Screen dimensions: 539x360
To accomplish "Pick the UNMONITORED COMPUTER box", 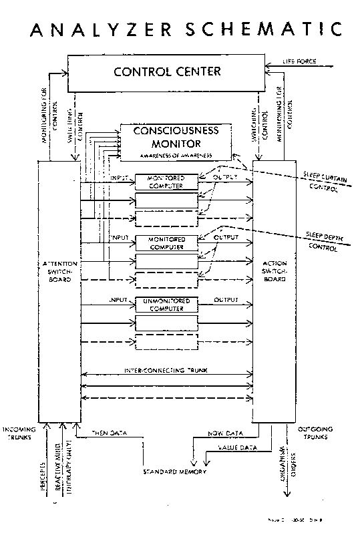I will point(166,305).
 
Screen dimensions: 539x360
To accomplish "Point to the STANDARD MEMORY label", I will point(175,472).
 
